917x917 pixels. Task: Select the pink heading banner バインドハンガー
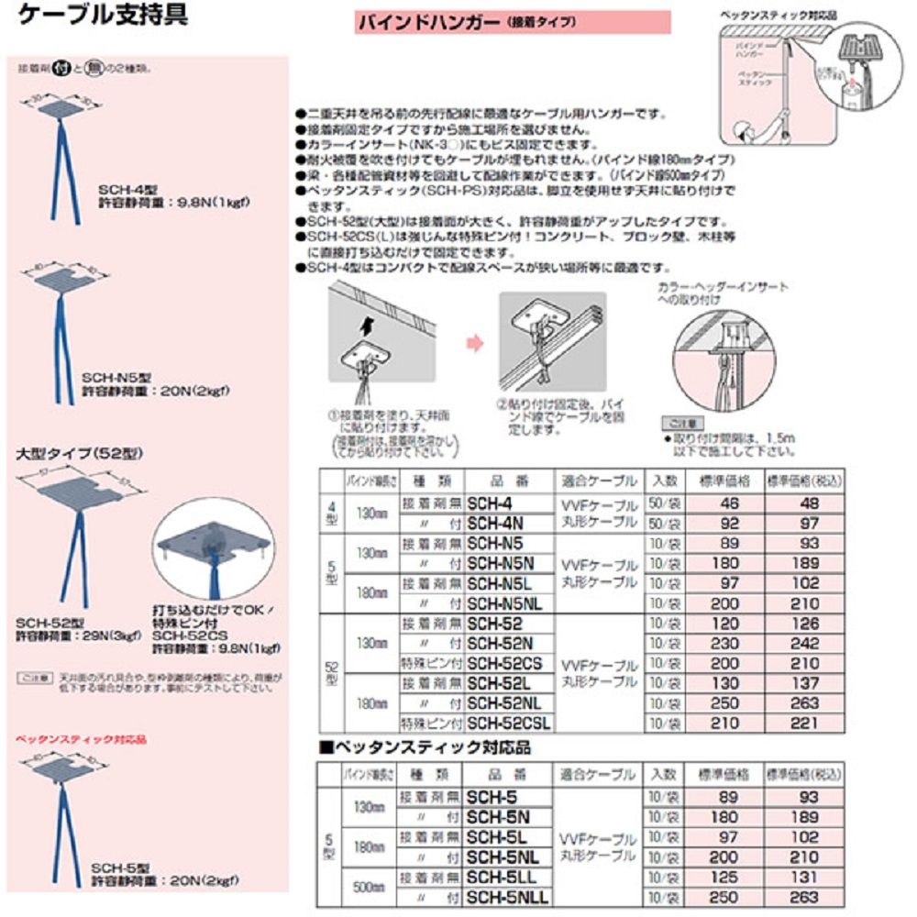pyautogui.click(x=513, y=21)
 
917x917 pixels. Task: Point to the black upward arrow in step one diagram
pyautogui.click(x=367, y=324)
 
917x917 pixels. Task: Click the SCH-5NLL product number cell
pyautogui.click(x=506, y=896)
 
